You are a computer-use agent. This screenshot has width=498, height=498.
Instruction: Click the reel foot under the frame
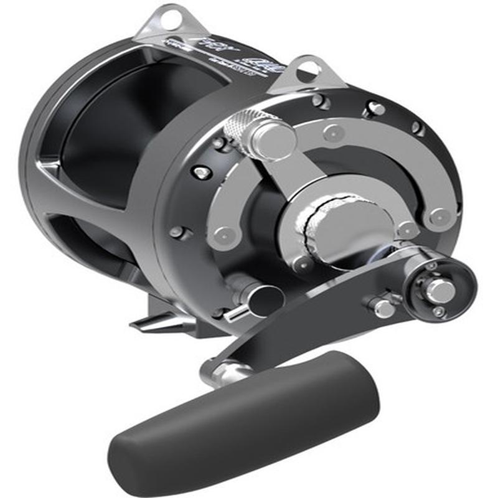(149, 322)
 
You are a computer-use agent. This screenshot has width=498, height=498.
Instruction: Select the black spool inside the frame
(106, 143)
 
